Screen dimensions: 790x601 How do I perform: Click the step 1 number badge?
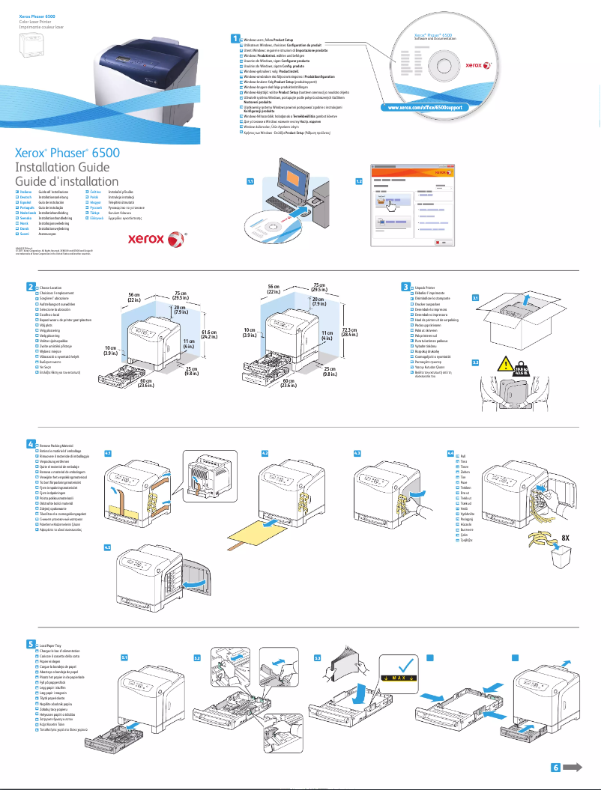click(x=235, y=38)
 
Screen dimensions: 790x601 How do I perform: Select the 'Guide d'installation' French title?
click(x=67, y=181)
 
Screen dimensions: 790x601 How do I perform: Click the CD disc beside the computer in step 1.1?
click(x=269, y=222)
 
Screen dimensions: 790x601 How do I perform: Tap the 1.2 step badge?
click(x=360, y=181)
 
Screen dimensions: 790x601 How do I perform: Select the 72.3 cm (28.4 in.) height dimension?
click(x=348, y=331)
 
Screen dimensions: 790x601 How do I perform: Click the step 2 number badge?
click(x=30, y=287)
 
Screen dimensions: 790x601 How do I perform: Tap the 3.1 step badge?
click(x=475, y=297)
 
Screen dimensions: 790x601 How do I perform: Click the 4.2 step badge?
click(x=265, y=453)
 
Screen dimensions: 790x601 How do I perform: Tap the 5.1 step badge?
click(x=124, y=657)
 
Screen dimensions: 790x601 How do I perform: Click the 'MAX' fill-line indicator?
click(x=405, y=679)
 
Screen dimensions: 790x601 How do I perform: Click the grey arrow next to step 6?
click(x=573, y=767)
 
